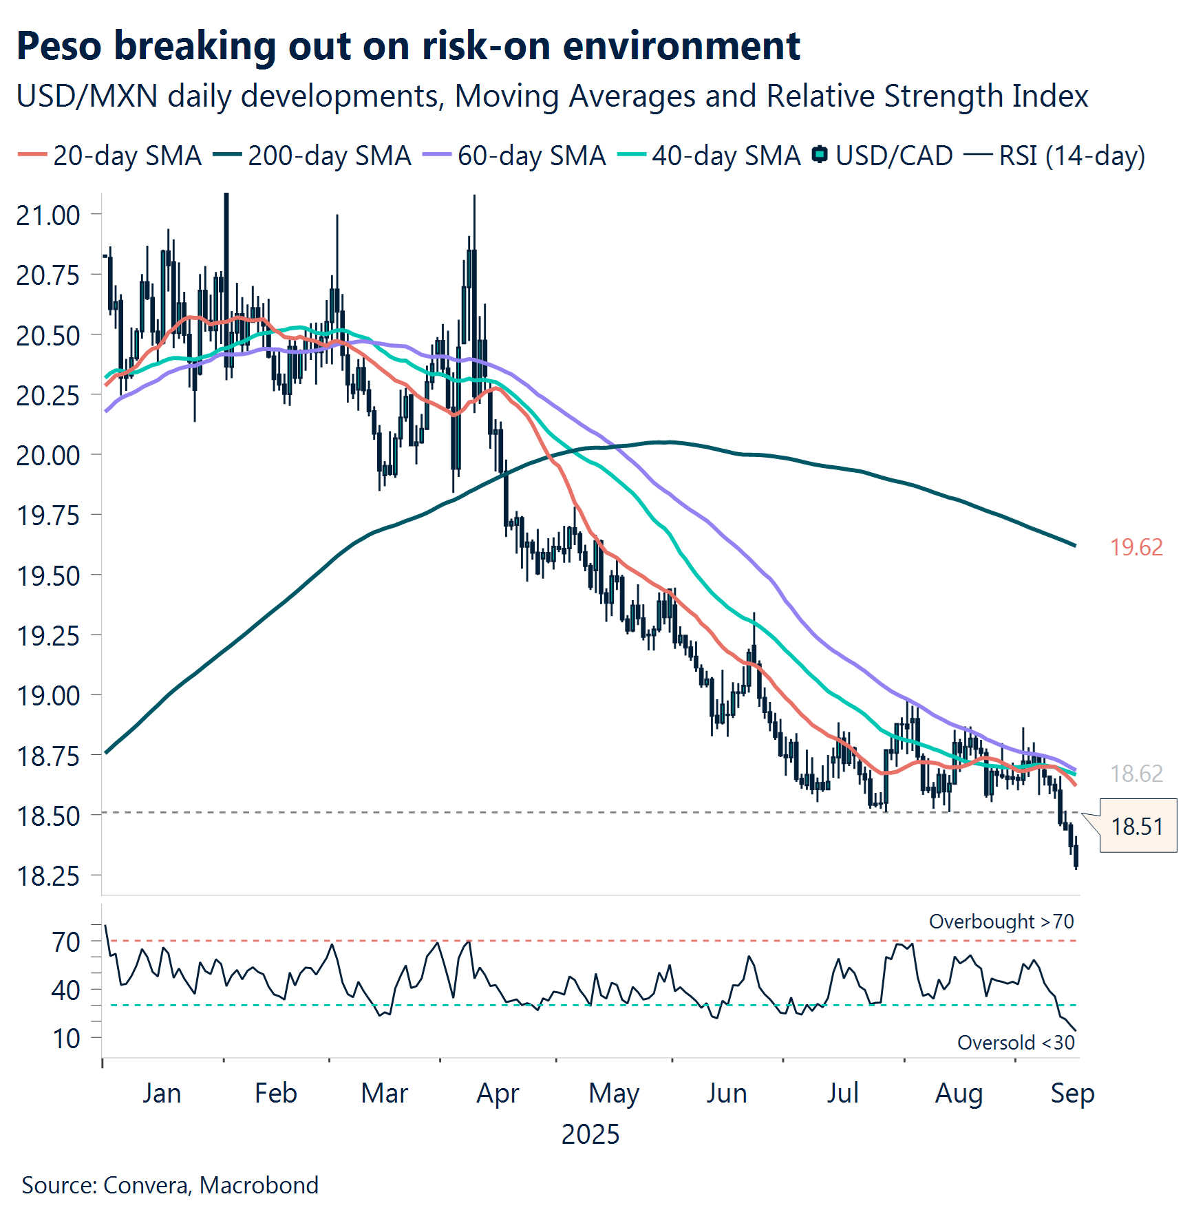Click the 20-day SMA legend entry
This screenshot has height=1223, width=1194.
[x=110, y=156]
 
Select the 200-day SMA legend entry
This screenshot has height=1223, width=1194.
[x=312, y=156]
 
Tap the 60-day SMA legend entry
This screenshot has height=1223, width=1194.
[x=515, y=156]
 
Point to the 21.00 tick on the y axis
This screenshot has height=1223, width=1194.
[x=48, y=215]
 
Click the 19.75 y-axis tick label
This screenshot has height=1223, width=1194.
[x=48, y=515]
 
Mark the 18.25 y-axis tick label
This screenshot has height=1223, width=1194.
[x=48, y=876]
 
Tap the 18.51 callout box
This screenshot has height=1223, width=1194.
[x=1138, y=826]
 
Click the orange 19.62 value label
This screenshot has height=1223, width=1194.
[x=1136, y=547]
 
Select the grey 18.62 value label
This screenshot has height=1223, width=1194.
[x=1136, y=774]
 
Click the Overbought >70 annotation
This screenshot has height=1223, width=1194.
[x=1001, y=922]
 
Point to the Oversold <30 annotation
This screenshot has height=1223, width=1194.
[x=1016, y=1043]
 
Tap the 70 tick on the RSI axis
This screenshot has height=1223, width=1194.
[x=67, y=942]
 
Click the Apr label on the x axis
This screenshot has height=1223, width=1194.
[x=498, y=1093]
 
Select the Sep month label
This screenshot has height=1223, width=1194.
[x=1072, y=1093]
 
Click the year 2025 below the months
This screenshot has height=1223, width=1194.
[x=590, y=1134]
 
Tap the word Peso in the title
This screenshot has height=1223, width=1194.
[x=59, y=46]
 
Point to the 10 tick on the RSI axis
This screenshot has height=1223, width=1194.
[x=67, y=1038]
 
